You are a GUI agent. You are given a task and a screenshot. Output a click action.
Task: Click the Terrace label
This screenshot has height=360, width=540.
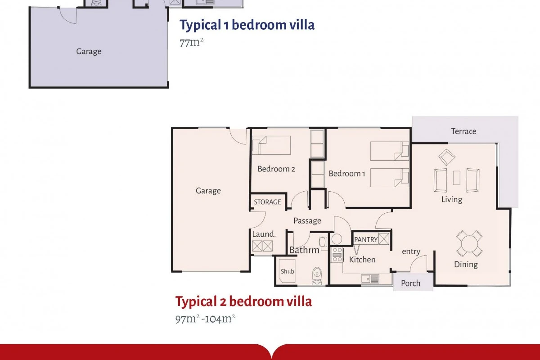(463, 131)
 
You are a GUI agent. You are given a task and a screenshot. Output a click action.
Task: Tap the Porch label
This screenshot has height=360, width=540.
(410, 283)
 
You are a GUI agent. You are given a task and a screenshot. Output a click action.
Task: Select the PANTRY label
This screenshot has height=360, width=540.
(366, 240)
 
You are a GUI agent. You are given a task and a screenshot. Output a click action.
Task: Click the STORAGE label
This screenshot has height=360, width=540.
(267, 202)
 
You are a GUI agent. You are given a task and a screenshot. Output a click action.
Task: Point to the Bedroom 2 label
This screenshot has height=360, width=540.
(276, 169)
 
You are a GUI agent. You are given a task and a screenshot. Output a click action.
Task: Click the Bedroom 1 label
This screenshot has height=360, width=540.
(347, 173)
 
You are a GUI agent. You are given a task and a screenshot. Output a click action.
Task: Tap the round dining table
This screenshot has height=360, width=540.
(469, 243)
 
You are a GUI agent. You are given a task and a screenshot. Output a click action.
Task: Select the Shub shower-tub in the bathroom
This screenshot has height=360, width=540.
(287, 271)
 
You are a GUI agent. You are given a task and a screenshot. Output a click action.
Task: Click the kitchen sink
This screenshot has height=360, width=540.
(370, 279)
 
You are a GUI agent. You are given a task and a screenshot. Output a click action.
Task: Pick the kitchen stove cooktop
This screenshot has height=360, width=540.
(337, 255)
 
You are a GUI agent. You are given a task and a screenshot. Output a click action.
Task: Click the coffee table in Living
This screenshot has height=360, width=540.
(456, 178)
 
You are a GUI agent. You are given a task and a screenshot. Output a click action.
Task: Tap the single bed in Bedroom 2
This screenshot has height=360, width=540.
(271, 145)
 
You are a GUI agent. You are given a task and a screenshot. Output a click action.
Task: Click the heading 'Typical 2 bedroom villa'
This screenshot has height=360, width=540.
(243, 301)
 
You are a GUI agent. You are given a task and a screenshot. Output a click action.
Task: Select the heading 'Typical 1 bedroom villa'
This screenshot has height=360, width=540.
(247, 25)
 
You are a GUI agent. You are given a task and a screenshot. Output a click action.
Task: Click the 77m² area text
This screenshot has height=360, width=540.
(191, 43)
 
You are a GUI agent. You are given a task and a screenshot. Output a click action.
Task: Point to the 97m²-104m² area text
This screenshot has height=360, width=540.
(205, 319)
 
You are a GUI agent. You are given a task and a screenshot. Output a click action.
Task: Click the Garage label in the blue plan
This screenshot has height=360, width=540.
(89, 51)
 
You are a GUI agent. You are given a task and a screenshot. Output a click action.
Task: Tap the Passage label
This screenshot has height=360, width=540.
(307, 220)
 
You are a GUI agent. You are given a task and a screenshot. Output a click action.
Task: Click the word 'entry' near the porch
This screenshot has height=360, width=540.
(411, 252)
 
